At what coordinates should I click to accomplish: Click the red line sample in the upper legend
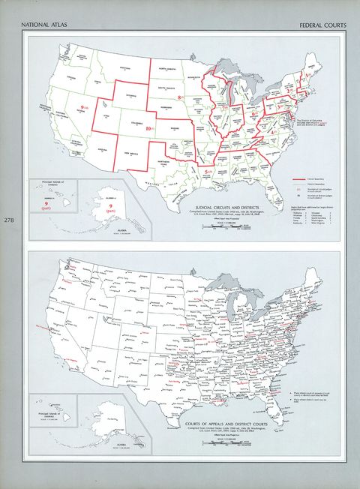[x=303, y=181]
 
